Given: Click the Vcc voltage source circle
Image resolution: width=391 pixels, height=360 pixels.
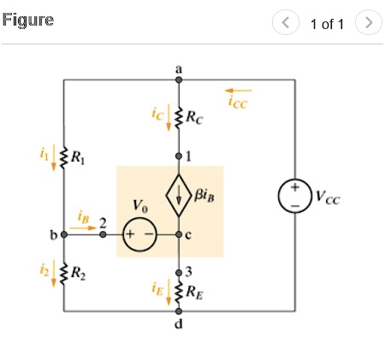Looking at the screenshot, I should click(x=293, y=196).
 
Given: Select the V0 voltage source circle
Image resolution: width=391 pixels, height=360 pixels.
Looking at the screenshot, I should click(x=137, y=233).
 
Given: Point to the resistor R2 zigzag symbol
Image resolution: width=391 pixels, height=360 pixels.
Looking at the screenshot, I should click(x=62, y=274).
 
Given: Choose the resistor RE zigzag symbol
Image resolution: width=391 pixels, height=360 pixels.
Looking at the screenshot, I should click(x=179, y=292).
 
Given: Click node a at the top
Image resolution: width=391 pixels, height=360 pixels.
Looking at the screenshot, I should click(x=179, y=80).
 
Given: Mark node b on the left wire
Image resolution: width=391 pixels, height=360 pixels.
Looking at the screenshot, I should click(x=62, y=233).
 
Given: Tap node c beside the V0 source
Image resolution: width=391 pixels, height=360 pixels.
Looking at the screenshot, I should click(x=179, y=233).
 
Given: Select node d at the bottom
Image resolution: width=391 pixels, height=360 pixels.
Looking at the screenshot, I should click(x=179, y=312).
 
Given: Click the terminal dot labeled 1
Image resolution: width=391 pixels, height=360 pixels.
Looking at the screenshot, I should click(x=179, y=156).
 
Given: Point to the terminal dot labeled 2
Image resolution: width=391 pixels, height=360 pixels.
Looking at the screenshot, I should click(x=103, y=233).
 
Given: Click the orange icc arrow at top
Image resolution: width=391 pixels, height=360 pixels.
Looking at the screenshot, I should click(x=240, y=89).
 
